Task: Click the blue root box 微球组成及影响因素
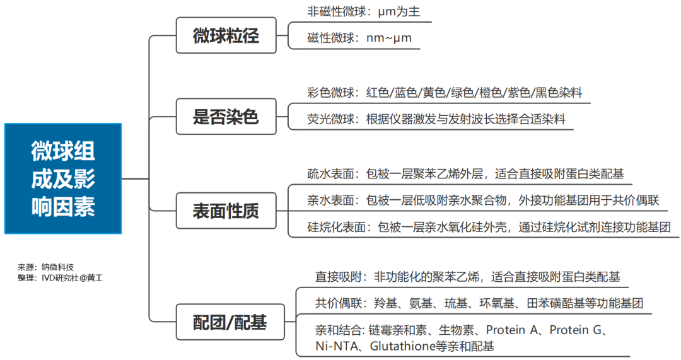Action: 62,178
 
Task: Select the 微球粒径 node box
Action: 226,36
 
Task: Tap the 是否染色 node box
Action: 226,117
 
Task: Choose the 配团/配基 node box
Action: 230,323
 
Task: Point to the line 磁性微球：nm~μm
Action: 359,38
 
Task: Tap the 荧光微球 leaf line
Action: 436,119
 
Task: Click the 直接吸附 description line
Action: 467,276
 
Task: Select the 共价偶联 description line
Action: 479,303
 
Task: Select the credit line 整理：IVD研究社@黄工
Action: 60,277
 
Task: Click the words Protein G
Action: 578,330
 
